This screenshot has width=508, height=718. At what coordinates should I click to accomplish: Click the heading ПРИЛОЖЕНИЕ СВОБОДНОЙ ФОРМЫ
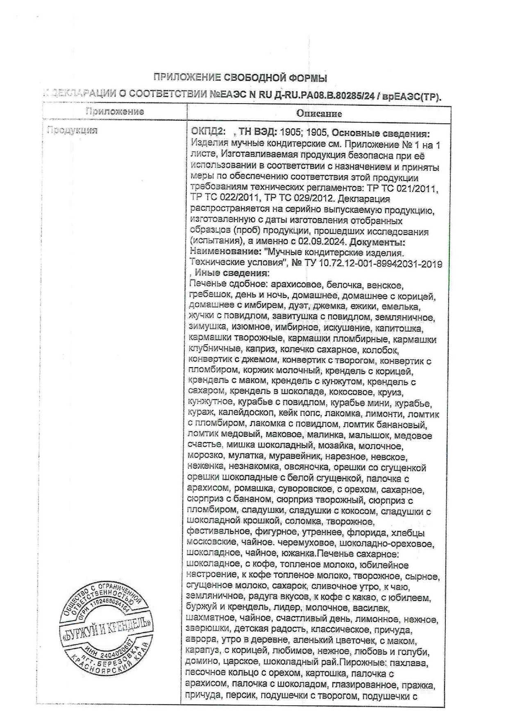(240, 77)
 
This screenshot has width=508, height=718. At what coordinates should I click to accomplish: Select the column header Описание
(319, 113)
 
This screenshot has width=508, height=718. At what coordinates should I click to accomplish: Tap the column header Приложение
(115, 111)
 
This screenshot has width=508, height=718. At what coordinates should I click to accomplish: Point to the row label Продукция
(72, 130)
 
